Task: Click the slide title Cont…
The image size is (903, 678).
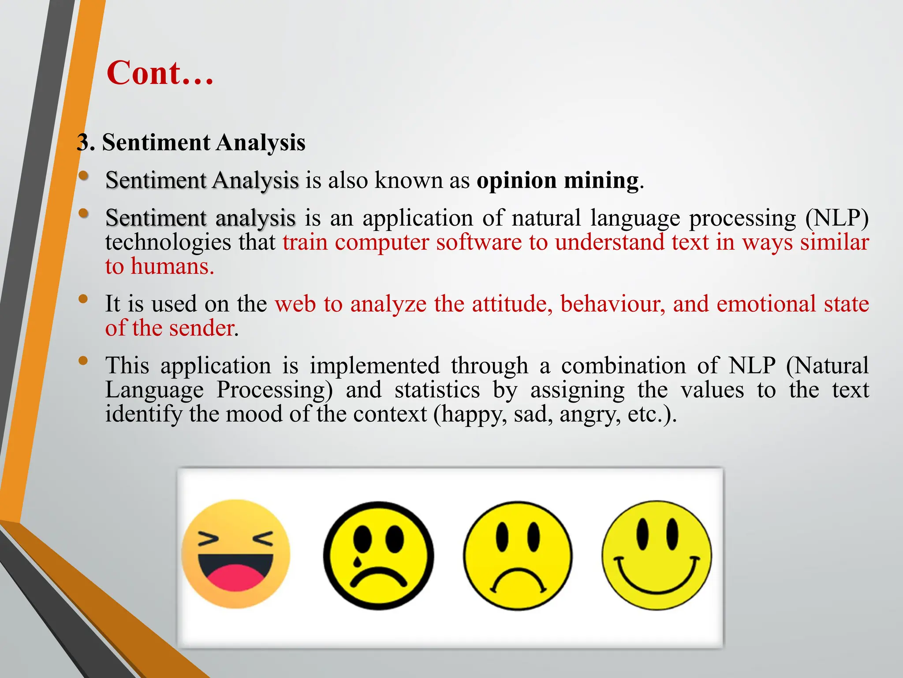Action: click(160, 73)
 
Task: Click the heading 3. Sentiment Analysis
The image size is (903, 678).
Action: click(191, 143)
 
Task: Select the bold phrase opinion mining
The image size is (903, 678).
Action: click(558, 181)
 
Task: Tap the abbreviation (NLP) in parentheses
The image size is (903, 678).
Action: click(836, 218)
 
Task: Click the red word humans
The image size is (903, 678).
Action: click(172, 267)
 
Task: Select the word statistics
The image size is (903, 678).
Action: click(437, 390)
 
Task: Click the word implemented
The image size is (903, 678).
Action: click(374, 366)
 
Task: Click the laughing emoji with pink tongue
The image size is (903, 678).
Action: click(236, 554)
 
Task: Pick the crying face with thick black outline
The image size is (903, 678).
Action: click(378, 555)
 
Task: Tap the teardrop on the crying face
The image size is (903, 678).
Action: click(357, 561)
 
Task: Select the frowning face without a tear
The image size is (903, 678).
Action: click(518, 555)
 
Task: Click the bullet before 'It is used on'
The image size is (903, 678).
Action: click(83, 299)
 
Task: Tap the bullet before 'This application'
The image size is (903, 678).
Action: click(83, 361)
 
